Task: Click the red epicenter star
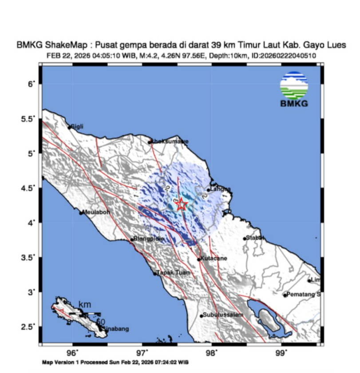[x=181, y=204]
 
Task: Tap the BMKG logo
[x=294, y=89]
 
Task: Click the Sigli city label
[x=77, y=127]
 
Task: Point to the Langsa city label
[x=221, y=189]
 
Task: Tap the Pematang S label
[x=304, y=294]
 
